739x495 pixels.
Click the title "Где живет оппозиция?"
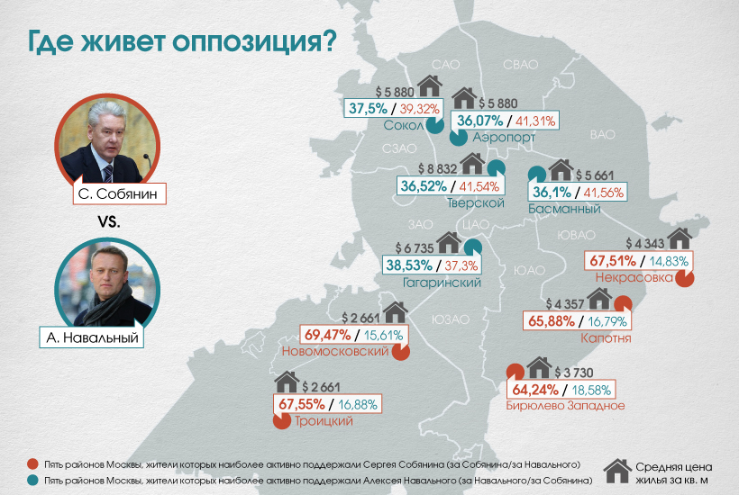[180, 41]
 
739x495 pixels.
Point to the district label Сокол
[403, 126]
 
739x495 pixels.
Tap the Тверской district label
[474, 203]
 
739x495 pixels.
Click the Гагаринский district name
[440, 283]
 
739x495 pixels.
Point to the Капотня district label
[606, 338]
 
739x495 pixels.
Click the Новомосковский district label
[335, 351]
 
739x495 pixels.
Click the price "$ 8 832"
[439, 168]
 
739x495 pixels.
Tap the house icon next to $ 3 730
[539, 368]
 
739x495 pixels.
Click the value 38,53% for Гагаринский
[410, 265]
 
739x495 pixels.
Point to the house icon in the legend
[616, 471]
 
